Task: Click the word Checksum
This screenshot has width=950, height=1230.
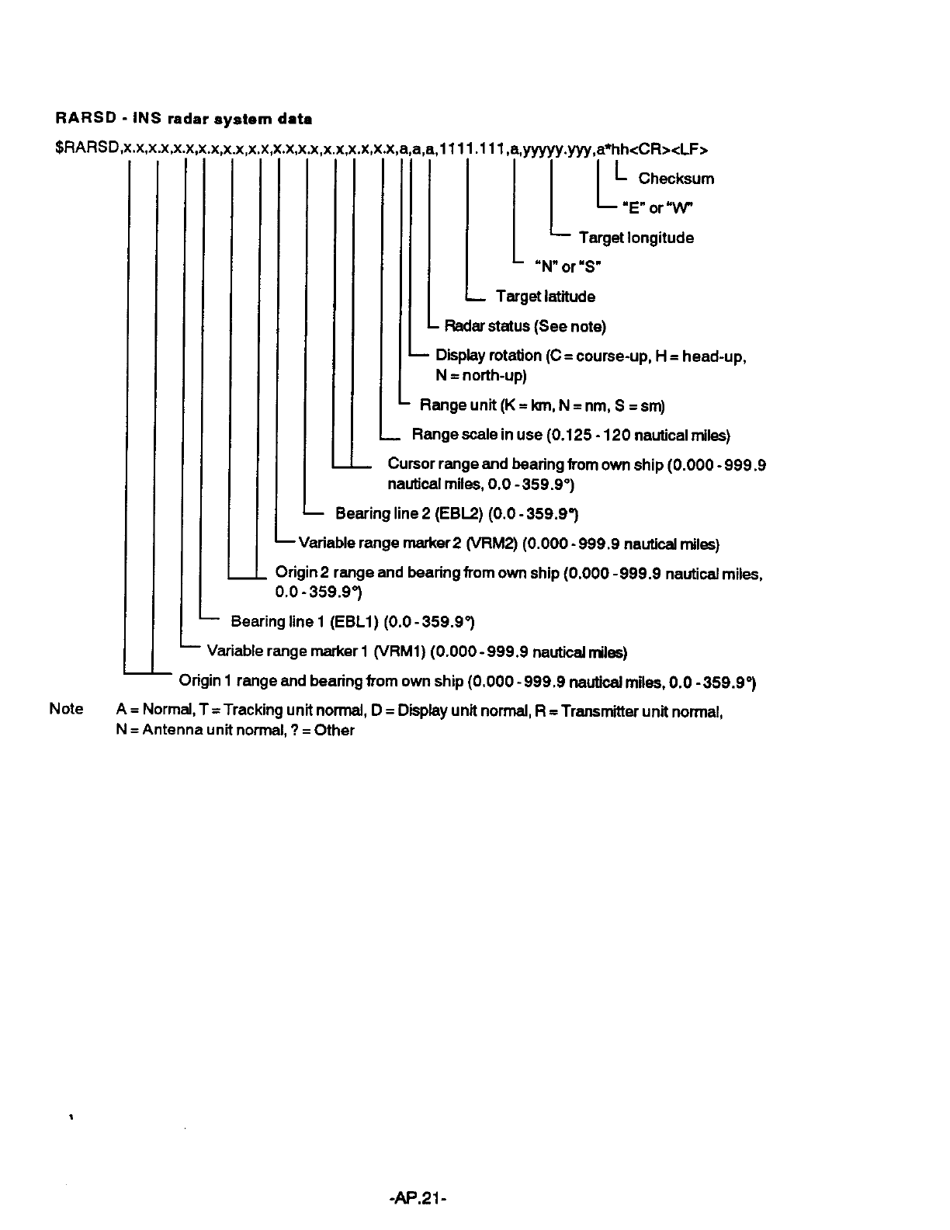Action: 676,179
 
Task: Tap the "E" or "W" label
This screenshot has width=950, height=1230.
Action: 657,208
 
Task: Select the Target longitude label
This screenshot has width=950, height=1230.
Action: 636,238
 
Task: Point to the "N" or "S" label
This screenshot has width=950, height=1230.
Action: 568,267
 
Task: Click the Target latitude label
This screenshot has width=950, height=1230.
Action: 546,297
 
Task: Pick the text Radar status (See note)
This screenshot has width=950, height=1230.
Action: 525,326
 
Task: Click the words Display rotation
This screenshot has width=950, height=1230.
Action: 489,356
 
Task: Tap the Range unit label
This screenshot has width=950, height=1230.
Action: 458,405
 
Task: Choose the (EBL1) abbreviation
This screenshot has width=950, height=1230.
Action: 355,622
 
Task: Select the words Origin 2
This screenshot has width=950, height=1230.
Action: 302,573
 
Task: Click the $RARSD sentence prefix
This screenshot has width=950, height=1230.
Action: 88,149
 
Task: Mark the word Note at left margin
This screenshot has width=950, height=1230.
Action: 66,709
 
